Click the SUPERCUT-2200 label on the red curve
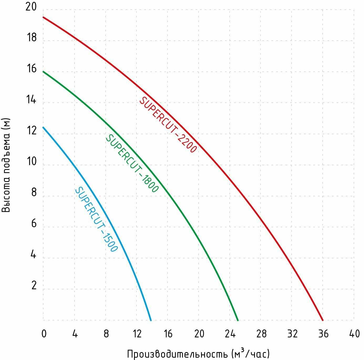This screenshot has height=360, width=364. pos(168,125)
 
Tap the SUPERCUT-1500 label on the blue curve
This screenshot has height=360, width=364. pos(96,220)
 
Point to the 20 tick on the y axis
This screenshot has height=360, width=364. pos(31,7)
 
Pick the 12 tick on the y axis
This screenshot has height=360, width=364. pos(32,131)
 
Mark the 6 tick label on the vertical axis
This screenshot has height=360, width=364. pos(34,224)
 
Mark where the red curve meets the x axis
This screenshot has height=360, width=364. pos(323,320)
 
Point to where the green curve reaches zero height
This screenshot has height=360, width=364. pos(238,320)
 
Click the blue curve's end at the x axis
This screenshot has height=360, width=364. pos(151,320)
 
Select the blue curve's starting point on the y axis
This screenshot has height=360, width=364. pos(43,128)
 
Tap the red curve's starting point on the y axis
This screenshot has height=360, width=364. pos(43,17)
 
